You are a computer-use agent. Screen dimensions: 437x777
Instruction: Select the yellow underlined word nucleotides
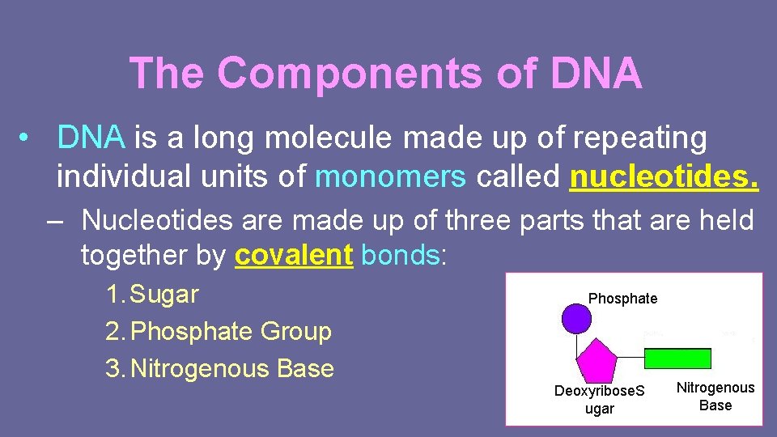pyautogui.click(x=664, y=176)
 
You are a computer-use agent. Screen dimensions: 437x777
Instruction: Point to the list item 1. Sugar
pyautogui.click(x=152, y=295)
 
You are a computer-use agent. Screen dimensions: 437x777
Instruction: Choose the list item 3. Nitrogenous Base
pyautogui.click(x=220, y=368)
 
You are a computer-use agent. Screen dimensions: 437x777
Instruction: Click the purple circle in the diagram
pyautogui.click(x=576, y=317)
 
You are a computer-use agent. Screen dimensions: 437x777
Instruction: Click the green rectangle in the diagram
pyautogui.click(x=677, y=358)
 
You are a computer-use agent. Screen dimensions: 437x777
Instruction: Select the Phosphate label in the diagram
pyautogui.click(x=622, y=299)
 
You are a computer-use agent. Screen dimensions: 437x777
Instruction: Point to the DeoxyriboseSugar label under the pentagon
pyautogui.click(x=600, y=400)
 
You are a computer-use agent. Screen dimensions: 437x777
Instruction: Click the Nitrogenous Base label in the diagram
pyautogui.click(x=715, y=397)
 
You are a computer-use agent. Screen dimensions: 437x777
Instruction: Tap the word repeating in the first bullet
pyautogui.click(x=639, y=138)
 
